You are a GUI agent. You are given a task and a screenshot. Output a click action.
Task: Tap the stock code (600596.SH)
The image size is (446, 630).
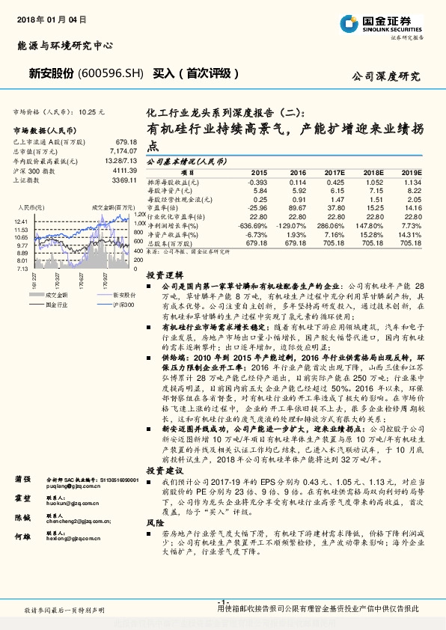(111, 74)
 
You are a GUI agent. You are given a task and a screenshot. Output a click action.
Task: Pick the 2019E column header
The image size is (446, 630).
(411, 172)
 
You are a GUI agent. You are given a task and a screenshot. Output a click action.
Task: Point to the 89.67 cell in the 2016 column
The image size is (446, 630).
(297, 207)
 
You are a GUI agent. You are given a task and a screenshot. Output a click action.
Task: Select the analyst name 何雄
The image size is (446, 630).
(22, 537)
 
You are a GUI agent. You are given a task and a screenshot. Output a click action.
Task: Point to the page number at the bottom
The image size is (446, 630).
(222, 602)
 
